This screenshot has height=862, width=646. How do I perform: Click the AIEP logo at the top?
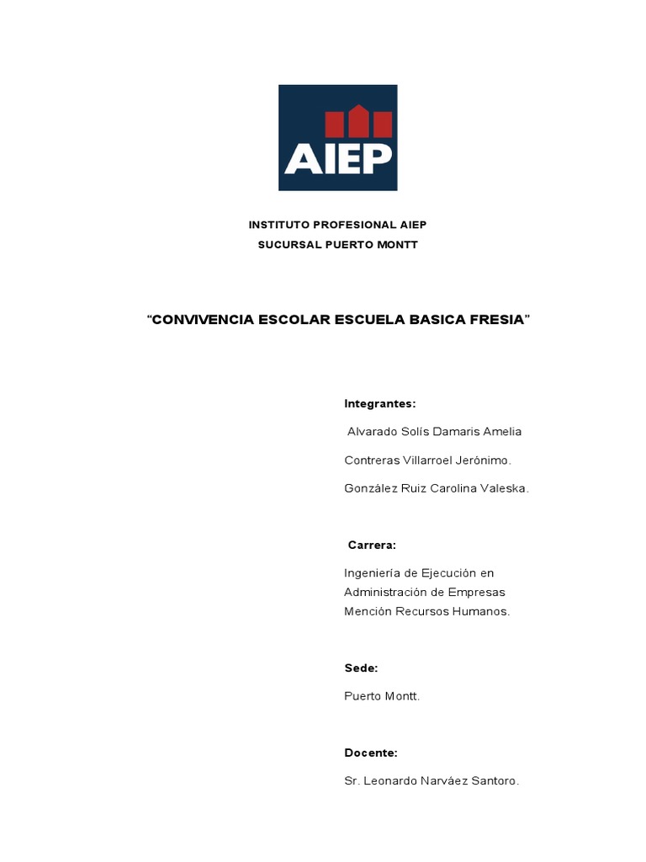pos(337,137)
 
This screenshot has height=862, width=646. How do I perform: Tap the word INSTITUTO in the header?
pos(278,225)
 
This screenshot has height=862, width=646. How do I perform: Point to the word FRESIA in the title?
pos(500,320)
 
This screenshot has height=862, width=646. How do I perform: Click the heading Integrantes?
pos(380,404)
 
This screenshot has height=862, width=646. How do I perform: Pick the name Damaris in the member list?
pos(458,432)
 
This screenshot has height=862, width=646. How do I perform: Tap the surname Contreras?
pos(371,460)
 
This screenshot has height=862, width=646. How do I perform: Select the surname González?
pos(371,488)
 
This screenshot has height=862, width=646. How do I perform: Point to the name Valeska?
pos(504,488)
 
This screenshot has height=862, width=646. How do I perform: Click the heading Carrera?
pos(372,545)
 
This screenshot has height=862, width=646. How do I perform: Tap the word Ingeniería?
pos(373,573)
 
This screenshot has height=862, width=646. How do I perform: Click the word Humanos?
pos(483,611)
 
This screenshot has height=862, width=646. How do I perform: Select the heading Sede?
pos(361,668)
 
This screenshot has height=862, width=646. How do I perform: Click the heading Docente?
pos(371,753)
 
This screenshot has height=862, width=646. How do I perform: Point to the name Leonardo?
pos(393,781)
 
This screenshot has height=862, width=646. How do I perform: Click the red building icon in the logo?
pos(359,122)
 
